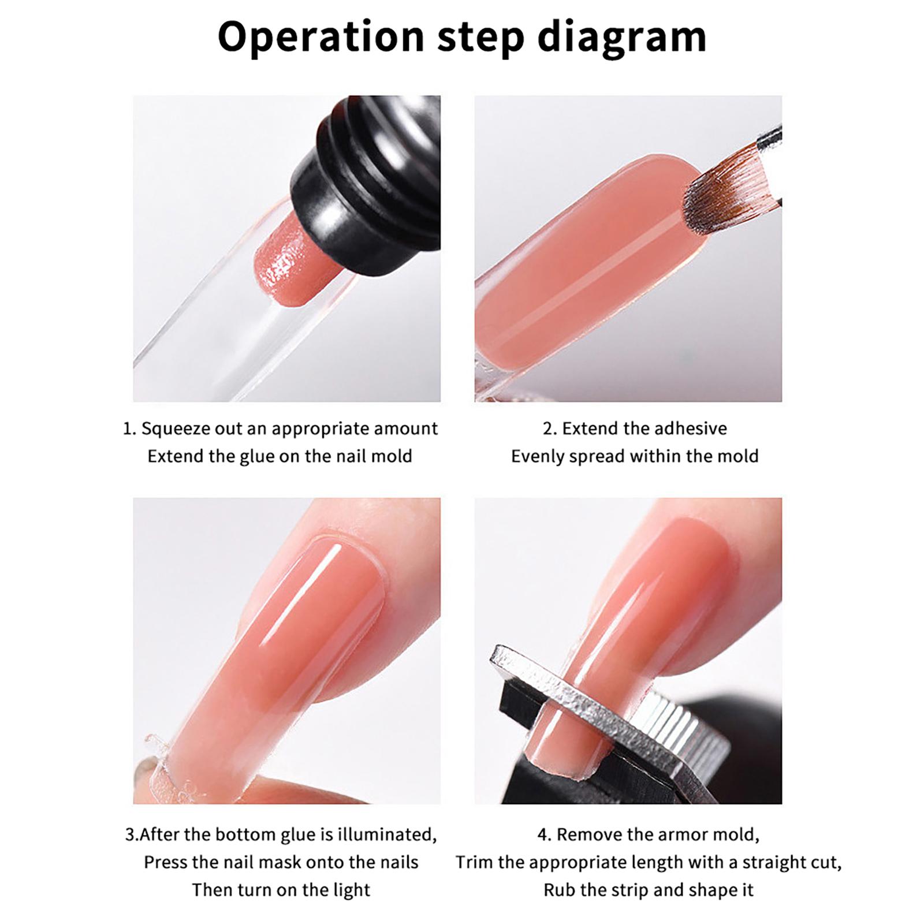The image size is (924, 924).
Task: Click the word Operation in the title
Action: point(321,37)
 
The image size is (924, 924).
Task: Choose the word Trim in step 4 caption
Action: point(474,863)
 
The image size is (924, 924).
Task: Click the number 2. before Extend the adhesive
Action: point(549,429)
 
